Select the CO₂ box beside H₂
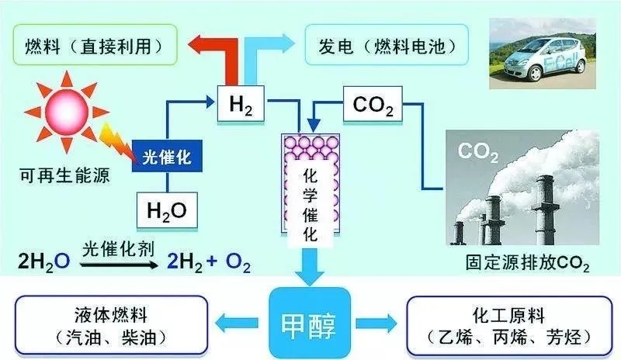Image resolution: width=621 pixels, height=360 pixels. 373,103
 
